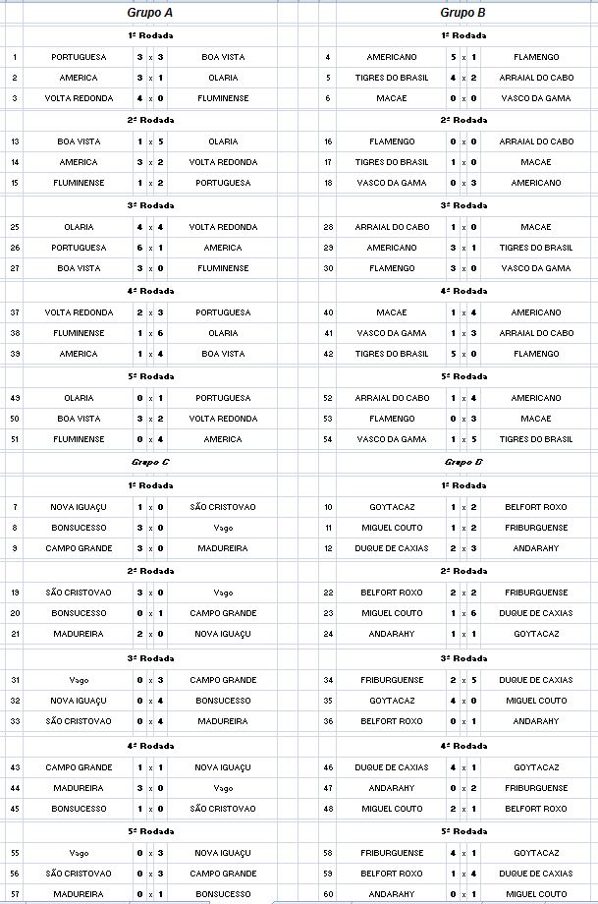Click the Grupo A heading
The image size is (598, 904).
(149, 13)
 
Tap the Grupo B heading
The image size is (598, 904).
(462, 13)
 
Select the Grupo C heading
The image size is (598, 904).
(150, 461)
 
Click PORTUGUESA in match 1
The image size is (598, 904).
(79, 57)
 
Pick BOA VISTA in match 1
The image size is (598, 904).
(223, 57)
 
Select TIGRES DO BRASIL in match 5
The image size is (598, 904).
(392, 78)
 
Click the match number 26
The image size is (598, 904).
(15, 248)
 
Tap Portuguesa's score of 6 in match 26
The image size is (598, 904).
(139, 248)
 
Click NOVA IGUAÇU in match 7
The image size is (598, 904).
(79, 507)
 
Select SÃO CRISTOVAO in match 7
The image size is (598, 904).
(223, 507)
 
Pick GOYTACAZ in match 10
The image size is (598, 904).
(392, 507)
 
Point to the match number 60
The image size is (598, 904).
(328, 894)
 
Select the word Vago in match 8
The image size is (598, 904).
(223, 528)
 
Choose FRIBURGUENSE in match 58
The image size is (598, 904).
(392, 853)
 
